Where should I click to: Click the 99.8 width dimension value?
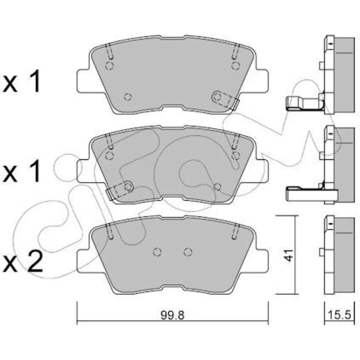coord(172,315)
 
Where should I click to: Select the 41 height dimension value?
coord(289,255)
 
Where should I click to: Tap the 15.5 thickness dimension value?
coord(339,315)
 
